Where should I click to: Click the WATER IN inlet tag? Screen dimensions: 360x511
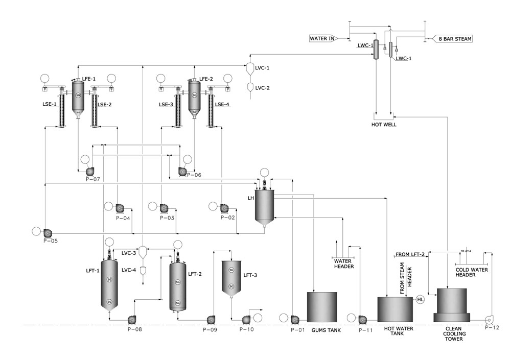(322, 38)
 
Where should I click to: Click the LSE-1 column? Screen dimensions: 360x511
(62, 109)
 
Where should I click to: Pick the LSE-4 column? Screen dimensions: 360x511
(211, 109)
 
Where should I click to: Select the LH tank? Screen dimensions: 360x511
(265, 205)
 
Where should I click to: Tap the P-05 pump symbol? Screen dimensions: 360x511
(47, 232)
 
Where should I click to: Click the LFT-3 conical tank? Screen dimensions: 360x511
(231, 278)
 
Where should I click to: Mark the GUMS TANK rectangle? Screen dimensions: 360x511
(321, 306)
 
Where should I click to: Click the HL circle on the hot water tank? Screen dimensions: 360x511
(421, 299)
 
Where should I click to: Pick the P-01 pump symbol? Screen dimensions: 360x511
(294, 320)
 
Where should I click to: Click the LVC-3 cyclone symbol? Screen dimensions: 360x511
(144, 252)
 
